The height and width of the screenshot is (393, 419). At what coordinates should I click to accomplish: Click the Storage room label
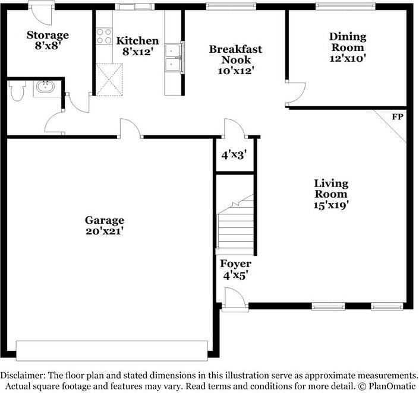(48, 40)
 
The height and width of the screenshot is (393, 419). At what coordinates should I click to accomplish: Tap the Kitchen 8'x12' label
(137, 46)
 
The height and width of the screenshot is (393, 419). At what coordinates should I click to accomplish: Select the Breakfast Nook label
(235, 59)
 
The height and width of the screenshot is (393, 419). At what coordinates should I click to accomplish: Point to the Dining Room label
(348, 47)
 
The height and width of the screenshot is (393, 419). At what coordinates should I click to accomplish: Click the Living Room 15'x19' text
(331, 194)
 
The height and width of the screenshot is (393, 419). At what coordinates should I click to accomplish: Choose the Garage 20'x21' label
(104, 225)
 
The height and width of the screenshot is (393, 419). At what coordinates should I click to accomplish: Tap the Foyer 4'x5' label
(235, 269)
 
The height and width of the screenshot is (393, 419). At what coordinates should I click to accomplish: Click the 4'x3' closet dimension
(234, 156)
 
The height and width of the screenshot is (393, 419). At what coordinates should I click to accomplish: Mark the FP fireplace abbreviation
(396, 117)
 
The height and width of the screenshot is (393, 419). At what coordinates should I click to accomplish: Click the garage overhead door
(112, 350)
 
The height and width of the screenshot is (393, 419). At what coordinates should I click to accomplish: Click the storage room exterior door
(40, 11)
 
